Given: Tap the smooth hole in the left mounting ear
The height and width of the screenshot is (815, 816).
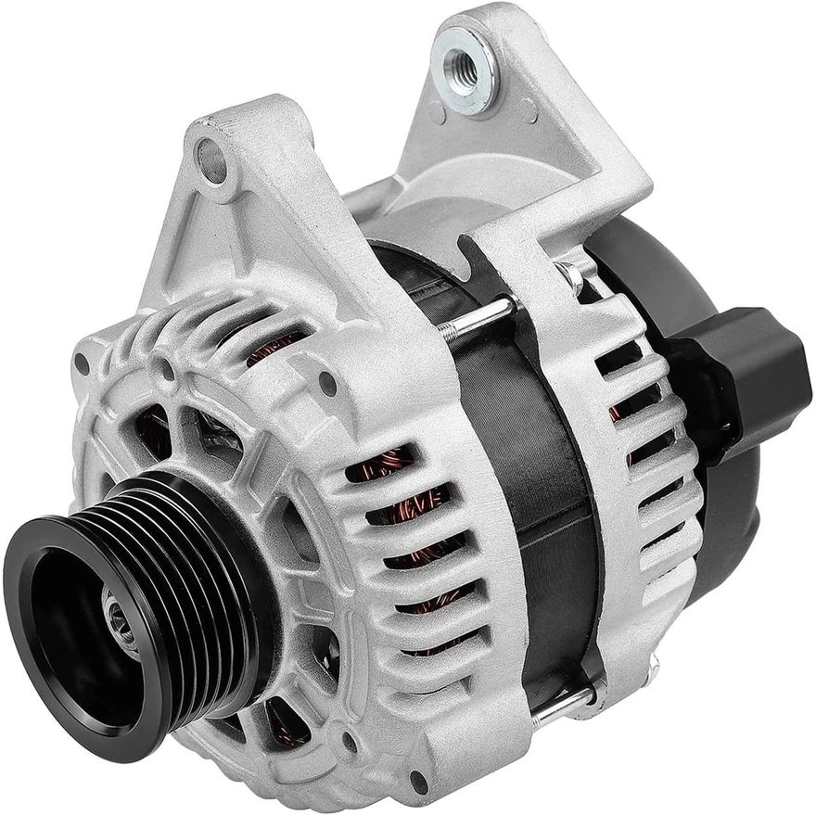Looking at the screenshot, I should [x=212, y=160].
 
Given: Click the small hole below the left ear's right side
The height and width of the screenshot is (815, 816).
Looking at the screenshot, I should [x=326, y=380].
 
